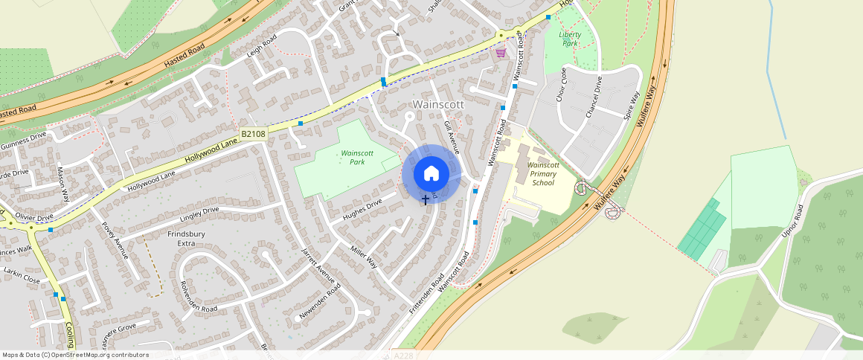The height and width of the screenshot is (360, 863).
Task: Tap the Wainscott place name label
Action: pos(437,104)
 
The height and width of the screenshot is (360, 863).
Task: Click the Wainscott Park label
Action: pos(356,157)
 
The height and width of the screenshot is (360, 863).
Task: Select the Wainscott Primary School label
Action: pos(542,173)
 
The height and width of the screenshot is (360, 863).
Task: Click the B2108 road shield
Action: pos(253,134)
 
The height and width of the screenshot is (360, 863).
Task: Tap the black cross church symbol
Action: pos(426,199)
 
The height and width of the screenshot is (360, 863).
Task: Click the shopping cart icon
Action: pos(501,53)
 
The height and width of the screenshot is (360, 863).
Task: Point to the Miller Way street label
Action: pos(364,255)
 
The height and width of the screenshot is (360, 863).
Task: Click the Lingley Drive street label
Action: pos(200,215)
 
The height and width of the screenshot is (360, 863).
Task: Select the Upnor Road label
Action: pos(793,221)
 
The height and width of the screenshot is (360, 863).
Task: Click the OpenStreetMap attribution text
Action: pos(75,355)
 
